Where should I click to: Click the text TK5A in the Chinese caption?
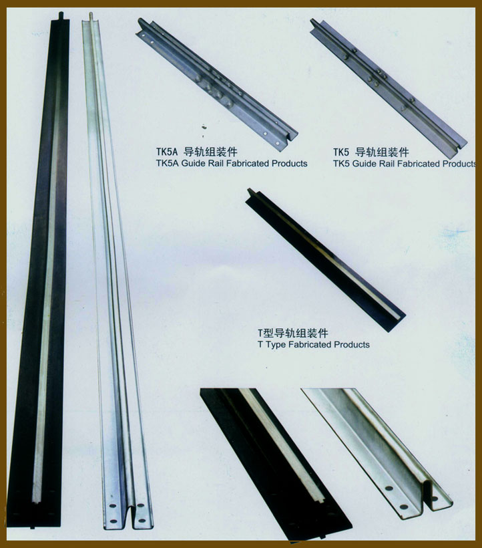167,152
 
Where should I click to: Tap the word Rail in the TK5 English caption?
385,164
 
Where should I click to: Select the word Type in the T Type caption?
275,345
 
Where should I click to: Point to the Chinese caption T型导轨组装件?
293,333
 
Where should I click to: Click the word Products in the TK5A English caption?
289,163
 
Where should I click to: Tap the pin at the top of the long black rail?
61,16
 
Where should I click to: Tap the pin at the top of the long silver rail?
91,17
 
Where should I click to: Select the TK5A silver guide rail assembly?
216,84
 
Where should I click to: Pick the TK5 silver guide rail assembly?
388,88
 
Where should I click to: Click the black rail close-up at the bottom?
276,465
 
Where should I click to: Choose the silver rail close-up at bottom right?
377,454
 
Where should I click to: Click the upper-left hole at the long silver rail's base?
112,506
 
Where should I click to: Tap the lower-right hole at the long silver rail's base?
142,521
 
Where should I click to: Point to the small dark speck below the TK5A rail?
204,127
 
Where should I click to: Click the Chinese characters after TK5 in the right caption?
382,152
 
